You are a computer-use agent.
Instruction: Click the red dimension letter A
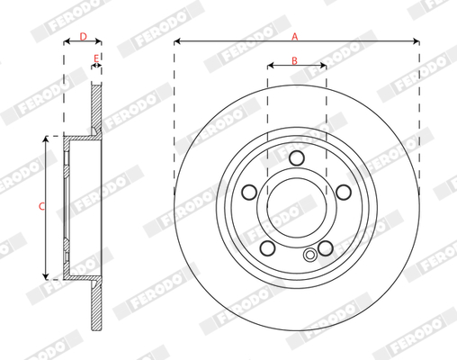295,37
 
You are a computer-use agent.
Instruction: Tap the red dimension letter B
294,60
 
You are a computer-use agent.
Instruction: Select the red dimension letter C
41,206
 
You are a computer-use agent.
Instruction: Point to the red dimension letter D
83,37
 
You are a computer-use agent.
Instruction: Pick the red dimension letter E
96,58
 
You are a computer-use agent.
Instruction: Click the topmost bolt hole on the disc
297,157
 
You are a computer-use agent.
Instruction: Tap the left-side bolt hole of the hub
249,192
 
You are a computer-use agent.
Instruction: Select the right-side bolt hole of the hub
344,192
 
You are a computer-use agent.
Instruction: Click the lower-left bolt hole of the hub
267,248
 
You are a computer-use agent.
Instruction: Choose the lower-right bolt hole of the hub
326,248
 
